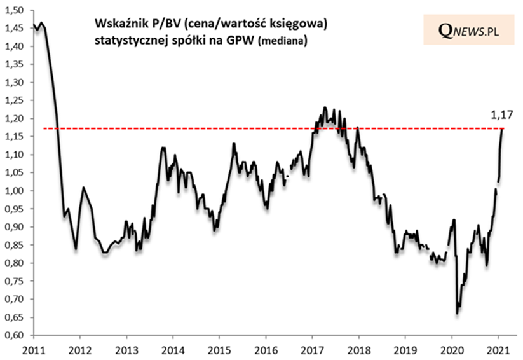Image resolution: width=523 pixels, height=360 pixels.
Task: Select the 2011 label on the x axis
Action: point(33,349)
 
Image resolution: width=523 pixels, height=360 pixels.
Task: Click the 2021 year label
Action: point(498,349)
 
